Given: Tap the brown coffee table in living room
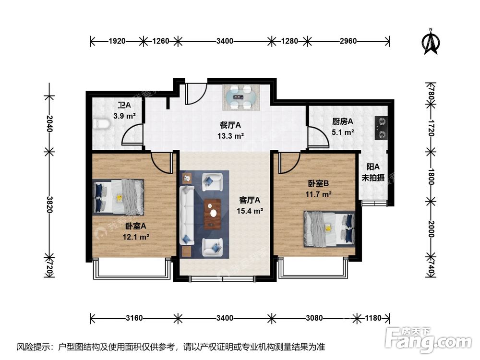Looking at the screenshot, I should (x=212, y=212).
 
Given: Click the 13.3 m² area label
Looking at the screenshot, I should (x=230, y=135).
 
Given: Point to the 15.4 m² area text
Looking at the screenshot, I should (x=250, y=210).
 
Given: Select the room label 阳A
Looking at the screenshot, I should (x=372, y=167).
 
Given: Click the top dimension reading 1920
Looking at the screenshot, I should (x=117, y=41).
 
